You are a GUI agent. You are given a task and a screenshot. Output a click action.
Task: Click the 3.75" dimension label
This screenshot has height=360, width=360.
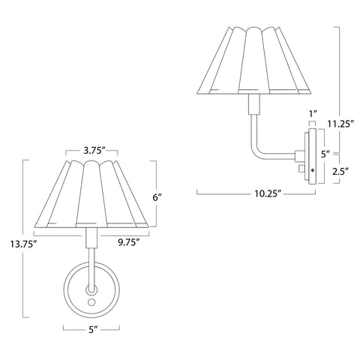92,150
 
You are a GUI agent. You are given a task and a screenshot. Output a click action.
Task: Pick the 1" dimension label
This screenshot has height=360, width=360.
313,113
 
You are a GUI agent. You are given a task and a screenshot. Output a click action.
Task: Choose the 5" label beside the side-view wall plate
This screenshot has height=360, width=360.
324,154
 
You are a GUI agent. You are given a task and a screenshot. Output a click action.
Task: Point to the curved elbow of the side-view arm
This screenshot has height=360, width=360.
257,151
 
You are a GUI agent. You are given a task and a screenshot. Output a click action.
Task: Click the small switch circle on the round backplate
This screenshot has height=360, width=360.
91,301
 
